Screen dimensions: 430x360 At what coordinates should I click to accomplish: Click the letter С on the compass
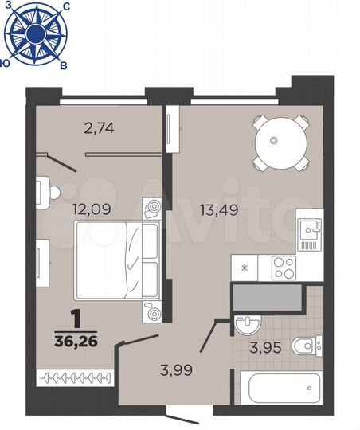tap(65, 6)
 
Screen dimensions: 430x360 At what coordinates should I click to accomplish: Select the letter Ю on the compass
tap(6, 61)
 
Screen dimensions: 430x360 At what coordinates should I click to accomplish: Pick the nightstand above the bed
tap(152, 209)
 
